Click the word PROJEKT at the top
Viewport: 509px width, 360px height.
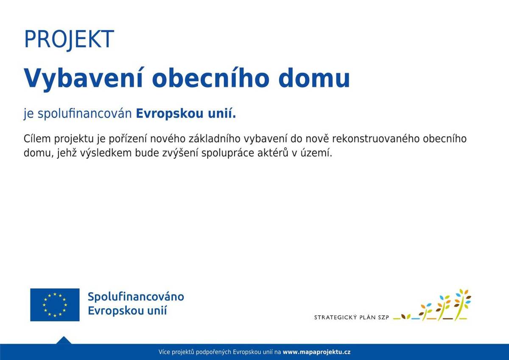click(x=69, y=39)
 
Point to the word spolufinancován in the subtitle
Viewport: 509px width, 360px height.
click(x=84, y=113)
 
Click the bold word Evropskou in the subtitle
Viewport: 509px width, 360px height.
click(x=169, y=113)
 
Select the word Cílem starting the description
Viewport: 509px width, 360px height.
click(x=37, y=139)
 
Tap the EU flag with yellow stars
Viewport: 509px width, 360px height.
click(x=55, y=305)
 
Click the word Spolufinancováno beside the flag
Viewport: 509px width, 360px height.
click(x=136, y=297)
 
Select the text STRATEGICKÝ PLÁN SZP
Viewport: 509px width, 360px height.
click(x=352, y=317)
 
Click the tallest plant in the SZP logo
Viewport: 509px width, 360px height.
click(x=462, y=304)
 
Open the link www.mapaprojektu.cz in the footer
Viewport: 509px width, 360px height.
click(x=316, y=352)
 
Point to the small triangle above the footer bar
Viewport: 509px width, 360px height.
click(x=64, y=340)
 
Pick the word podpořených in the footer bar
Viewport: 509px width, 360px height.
click(x=213, y=352)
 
